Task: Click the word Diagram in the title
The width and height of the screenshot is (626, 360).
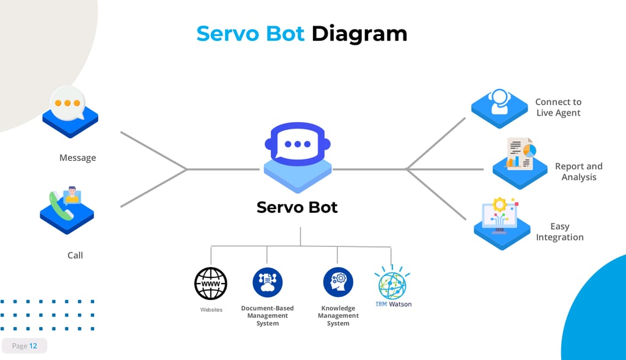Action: pos(359,33)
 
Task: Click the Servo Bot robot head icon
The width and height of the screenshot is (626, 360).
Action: pos(297,145)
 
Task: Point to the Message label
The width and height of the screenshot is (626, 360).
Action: pos(78,158)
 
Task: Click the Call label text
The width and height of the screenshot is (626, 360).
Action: pos(75,255)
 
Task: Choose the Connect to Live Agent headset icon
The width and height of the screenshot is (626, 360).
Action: pos(500,104)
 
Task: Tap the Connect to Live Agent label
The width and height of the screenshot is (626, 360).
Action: pos(558,107)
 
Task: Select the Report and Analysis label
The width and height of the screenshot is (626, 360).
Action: pos(578,171)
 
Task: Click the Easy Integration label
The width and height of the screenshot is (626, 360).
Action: pos(559,232)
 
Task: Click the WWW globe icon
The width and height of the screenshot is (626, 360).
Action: pos(211,284)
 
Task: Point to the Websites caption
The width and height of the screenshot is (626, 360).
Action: pos(212,310)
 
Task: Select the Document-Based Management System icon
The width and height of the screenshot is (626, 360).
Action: pos(267,282)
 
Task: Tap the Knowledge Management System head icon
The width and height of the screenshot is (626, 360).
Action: pos(338,282)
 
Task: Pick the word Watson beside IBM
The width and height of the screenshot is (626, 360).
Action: pos(400,304)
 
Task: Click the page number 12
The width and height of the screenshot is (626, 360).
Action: pos(33,346)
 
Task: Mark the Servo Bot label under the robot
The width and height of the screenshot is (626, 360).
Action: pos(297,207)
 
